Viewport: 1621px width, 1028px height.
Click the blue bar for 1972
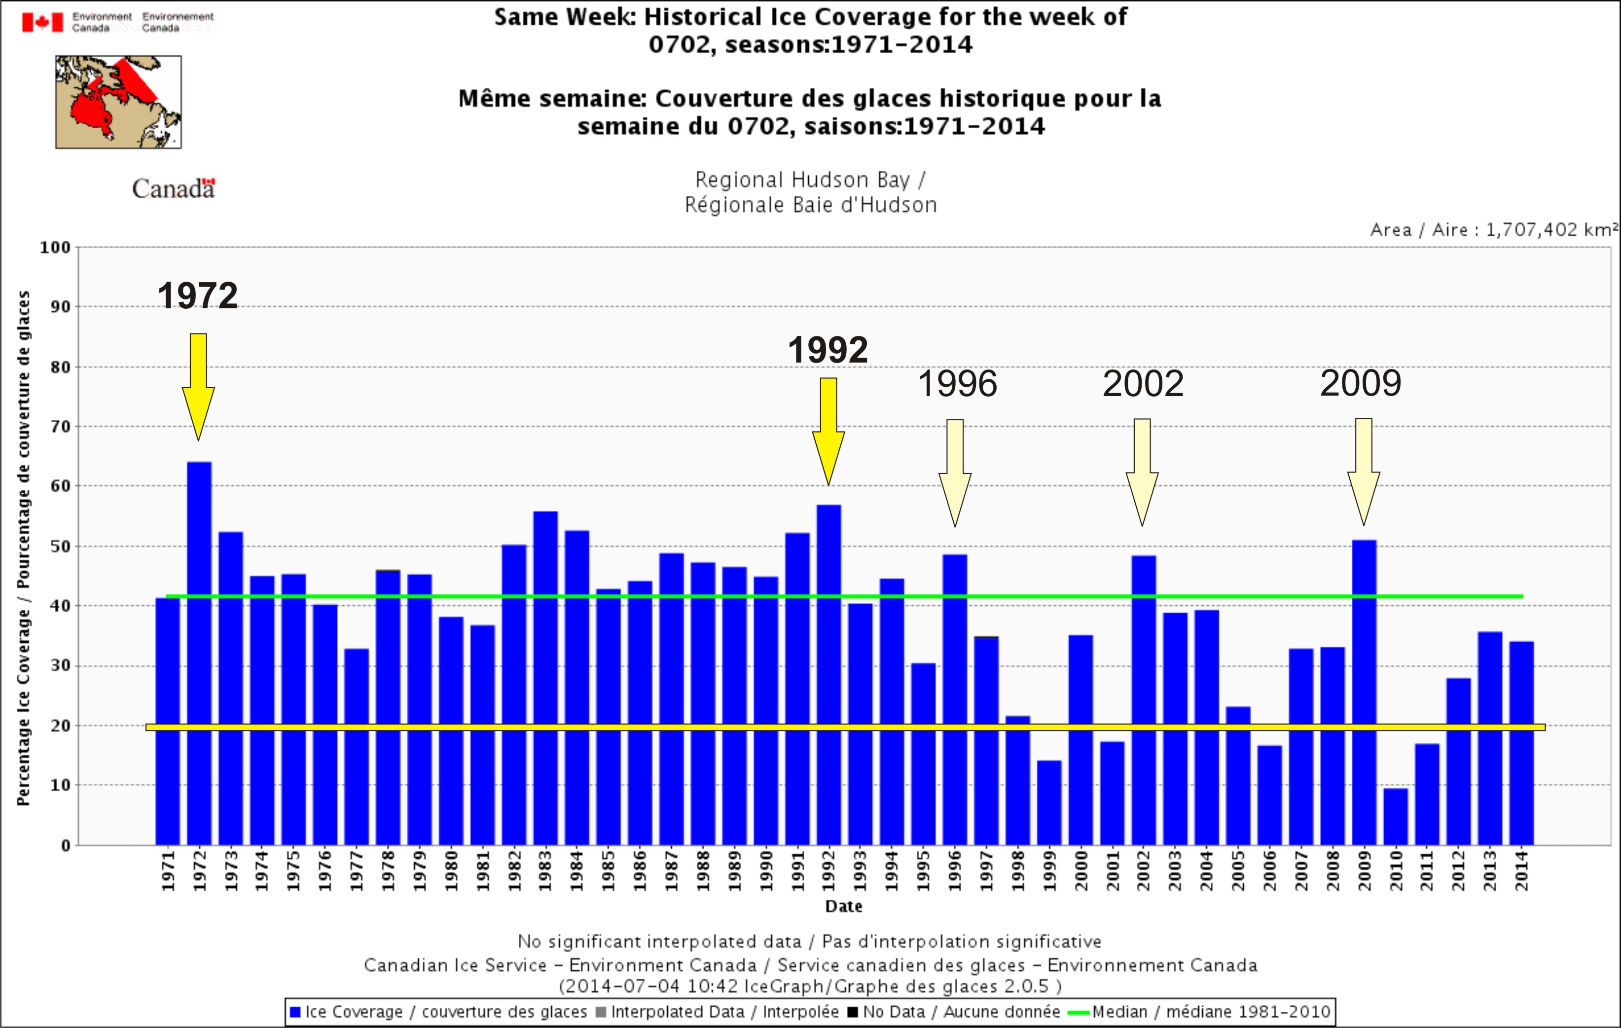pos(199,653)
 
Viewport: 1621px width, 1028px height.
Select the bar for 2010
pos(1396,816)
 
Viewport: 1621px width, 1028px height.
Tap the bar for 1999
pos(1049,803)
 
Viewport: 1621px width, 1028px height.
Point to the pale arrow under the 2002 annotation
pos(1142,471)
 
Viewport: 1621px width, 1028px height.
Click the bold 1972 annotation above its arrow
pos(197,295)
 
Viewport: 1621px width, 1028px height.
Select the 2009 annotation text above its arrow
pos(1361,383)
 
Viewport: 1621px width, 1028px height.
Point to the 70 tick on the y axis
pos(61,426)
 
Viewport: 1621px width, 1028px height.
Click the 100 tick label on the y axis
pos(55,247)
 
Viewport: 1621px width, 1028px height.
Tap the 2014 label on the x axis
pos(1521,871)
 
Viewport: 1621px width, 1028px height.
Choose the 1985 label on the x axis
pos(608,871)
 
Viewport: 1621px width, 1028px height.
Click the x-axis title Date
pos(843,906)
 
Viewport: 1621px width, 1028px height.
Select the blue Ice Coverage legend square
pos(295,1012)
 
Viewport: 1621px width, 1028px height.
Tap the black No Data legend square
pos(852,1012)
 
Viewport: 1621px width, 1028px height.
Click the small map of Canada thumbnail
pos(118,102)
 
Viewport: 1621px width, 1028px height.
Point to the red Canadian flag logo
pos(42,22)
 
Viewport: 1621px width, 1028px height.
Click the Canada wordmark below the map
pos(173,188)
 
